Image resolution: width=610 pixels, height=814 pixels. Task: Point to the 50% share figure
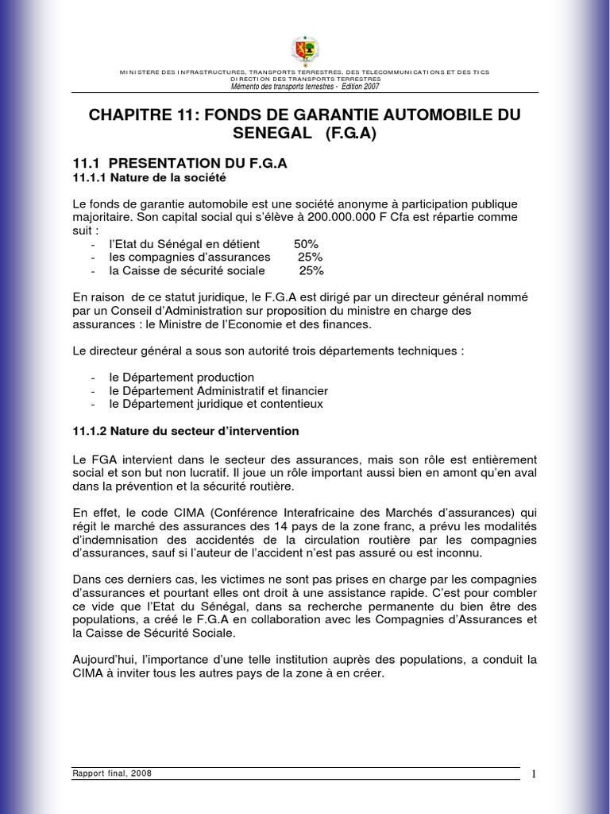point(306,243)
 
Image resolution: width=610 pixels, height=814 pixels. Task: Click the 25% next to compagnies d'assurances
point(310,257)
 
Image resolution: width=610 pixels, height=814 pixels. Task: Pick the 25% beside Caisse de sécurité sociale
point(311,270)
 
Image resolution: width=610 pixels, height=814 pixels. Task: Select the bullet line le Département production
point(182,377)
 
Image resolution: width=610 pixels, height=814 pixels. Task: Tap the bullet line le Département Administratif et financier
point(218,390)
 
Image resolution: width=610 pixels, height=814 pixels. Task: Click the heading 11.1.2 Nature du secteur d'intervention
point(185,431)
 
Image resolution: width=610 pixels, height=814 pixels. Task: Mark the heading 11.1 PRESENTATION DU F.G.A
point(179,163)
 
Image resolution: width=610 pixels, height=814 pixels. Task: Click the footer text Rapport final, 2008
point(112,773)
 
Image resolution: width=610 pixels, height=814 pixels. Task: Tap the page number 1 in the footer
point(535,774)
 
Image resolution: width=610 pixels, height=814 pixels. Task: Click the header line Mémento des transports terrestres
point(304,86)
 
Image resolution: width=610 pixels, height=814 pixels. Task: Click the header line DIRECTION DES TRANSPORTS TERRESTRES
point(305,79)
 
